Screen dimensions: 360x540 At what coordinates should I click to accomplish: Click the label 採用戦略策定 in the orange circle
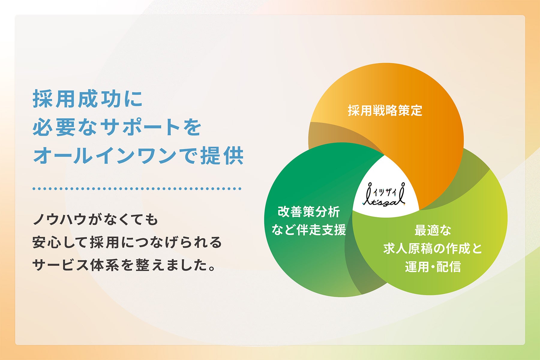385,111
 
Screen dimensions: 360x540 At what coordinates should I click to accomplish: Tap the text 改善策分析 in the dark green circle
309,212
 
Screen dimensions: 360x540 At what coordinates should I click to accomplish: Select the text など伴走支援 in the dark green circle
309,230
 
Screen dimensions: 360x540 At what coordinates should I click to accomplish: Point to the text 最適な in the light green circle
433,230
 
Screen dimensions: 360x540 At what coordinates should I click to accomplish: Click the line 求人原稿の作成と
433,248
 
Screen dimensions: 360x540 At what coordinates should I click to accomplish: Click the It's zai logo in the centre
384,195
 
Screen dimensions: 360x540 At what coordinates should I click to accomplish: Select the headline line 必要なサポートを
117,127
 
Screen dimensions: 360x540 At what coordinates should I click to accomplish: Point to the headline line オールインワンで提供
138,155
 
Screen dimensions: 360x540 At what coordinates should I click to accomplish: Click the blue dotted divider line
137,189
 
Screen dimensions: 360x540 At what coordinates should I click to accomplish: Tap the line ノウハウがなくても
95,220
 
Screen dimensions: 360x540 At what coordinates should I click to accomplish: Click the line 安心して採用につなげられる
127,242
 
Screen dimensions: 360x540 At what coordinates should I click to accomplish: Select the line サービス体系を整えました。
124,265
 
